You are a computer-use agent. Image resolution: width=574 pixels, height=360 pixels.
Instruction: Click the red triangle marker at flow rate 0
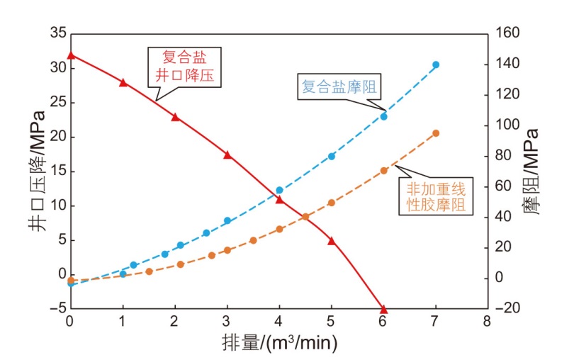(x=70, y=55)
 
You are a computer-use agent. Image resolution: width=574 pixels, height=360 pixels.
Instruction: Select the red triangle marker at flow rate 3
(x=227, y=154)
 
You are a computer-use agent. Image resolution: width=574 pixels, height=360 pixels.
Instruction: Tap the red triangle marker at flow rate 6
(x=384, y=309)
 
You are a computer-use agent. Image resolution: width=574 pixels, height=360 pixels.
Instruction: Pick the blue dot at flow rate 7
(x=436, y=64)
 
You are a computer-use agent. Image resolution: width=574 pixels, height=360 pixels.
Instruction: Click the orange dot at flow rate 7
(x=436, y=133)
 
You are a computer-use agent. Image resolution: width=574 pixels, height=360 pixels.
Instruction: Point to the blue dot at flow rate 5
(x=331, y=156)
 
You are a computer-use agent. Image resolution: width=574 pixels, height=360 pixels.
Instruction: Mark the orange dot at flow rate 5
(x=331, y=203)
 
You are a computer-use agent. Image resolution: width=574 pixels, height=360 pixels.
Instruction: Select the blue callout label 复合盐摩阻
(x=337, y=88)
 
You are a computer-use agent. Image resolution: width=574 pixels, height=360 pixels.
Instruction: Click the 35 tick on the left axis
(x=57, y=33)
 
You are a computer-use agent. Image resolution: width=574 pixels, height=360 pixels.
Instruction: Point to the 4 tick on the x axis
(x=279, y=322)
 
